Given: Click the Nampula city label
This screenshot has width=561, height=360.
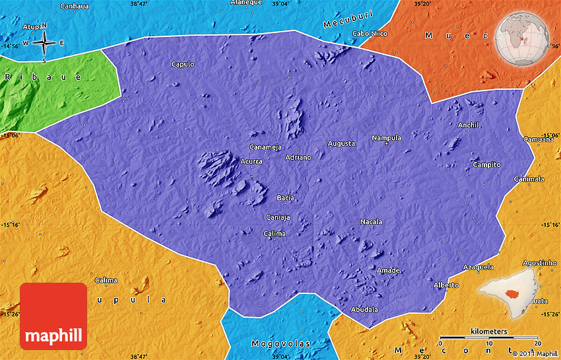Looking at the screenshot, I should click(386, 138).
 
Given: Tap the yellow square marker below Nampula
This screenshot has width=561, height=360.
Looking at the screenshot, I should click(387, 144).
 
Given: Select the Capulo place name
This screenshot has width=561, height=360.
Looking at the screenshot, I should click(183, 64).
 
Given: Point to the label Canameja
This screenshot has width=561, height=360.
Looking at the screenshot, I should click(265, 147).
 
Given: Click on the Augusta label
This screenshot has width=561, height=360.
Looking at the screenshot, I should click(341, 143).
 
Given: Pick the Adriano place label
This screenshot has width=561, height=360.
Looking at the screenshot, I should click(298, 157).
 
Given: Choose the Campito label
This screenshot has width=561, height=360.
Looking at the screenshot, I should click(486, 164).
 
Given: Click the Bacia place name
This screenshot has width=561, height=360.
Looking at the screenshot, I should click(285, 198).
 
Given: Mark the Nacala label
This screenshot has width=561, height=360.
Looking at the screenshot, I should click(371, 222).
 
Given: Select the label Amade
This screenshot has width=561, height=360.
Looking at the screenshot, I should click(388, 270).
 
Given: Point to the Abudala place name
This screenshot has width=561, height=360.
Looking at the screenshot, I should click(364, 309).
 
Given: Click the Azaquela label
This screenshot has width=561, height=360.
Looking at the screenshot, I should click(478, 267).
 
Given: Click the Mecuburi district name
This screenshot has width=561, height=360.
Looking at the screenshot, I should click(348, 19).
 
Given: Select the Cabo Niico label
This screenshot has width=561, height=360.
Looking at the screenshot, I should click(370, 33).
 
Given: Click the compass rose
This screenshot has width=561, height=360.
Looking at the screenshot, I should click(44, 43).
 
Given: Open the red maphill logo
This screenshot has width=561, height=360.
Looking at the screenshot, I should click(53, 316).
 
